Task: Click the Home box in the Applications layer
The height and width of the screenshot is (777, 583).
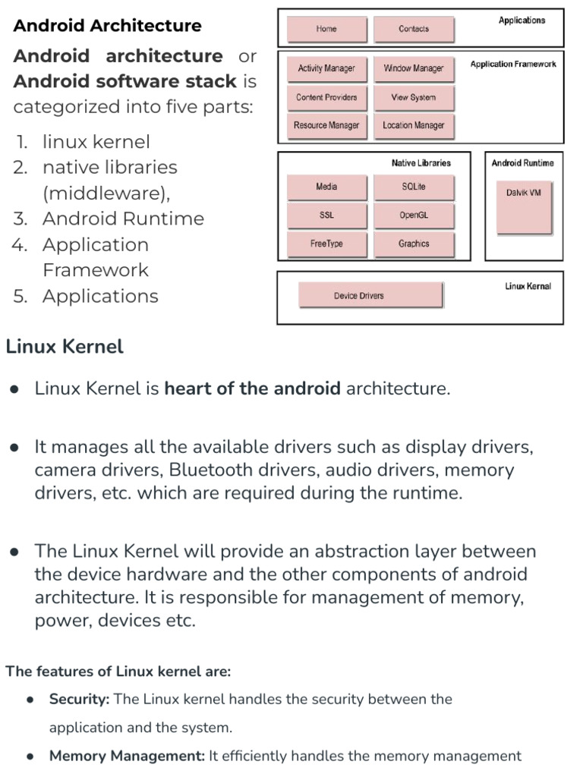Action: (326, 29)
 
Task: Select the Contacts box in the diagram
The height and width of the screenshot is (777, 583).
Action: (414, 29)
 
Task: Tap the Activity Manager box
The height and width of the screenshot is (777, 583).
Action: (326, 68)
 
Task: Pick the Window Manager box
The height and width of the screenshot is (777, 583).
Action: (414, 68)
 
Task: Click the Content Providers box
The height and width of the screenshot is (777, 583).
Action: (326, 97)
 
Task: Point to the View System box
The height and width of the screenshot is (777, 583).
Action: (414, 97)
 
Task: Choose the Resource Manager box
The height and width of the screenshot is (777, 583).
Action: (326, 125)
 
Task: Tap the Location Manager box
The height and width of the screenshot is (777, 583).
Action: (414, 125)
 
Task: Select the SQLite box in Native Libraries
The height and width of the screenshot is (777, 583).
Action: (414, 187)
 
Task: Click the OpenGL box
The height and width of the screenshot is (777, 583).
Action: (414, 215)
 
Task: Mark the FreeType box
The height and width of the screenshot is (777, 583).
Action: (326, 244)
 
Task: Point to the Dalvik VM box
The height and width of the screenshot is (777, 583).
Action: (524, 206)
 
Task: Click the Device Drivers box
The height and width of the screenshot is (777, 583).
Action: (370, 295)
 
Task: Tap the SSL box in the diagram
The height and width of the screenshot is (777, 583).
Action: (326, 215)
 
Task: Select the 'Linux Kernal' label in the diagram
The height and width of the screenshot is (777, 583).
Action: (528, 286)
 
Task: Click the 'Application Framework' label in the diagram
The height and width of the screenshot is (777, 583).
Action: (512, 64)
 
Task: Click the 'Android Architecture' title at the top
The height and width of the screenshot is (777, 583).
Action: (108, 26)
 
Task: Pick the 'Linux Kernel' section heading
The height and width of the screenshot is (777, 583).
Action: (65, 348)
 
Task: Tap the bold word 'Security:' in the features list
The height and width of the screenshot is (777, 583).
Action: (80, 700)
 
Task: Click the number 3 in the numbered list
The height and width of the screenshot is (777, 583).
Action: (20, 219)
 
